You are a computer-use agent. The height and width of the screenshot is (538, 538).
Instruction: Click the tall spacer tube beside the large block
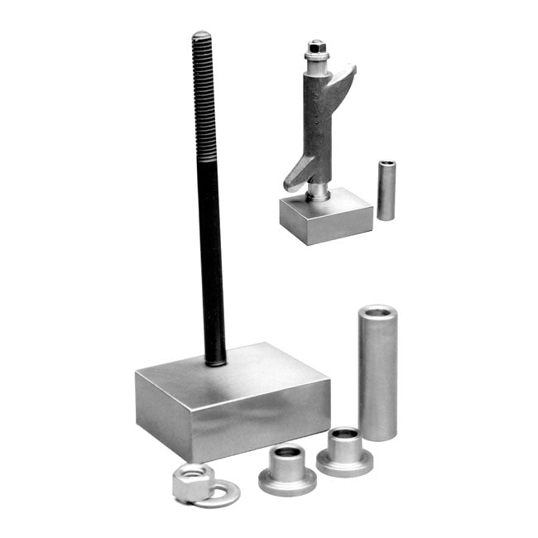377,377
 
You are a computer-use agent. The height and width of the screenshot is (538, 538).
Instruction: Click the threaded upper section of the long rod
204,99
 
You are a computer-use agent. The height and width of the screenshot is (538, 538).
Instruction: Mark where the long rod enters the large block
216,360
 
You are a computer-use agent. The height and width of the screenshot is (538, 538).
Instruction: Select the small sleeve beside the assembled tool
386,191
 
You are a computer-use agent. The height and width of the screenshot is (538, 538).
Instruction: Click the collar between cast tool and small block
317,191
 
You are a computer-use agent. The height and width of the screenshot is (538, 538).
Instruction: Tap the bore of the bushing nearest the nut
286,453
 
